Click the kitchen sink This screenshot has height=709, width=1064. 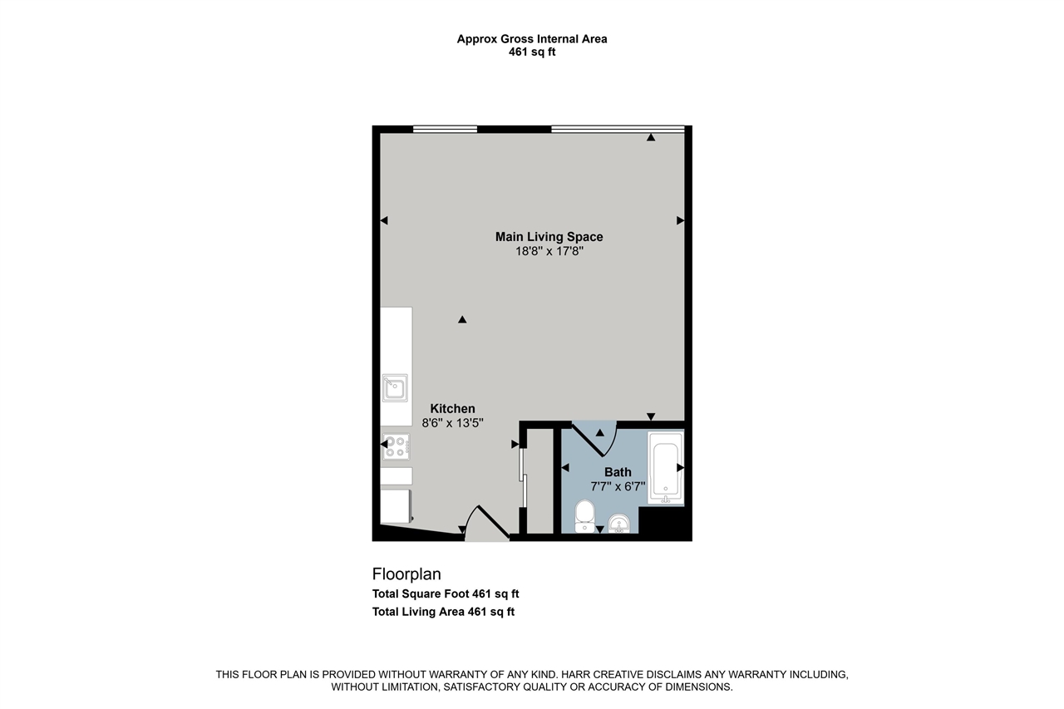tap(395, 387)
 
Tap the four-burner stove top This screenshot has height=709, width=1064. tap(395, 447)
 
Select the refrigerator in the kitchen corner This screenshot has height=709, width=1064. tap(396, 505)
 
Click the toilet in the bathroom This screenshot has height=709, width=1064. tap(584, 515)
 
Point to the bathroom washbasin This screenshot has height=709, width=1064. tap(618, 524)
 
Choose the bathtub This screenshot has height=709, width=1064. tap(666, 468)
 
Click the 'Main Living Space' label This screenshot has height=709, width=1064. tap(549, 237)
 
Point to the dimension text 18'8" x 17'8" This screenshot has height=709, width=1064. tap(549, 251)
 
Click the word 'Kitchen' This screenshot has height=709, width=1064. tap(452, 408)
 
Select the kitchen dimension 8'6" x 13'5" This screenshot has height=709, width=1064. tap(452, 422)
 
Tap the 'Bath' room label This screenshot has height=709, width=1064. tap(618, 472)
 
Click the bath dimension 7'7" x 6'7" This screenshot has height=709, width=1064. tap(618, 486)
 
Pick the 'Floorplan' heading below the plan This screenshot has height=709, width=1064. tap(406, 574)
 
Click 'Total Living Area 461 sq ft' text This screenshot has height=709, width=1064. tap(443, 612)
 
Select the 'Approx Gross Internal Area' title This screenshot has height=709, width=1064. tap(532, 38)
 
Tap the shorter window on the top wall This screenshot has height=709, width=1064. tap(445, 129)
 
